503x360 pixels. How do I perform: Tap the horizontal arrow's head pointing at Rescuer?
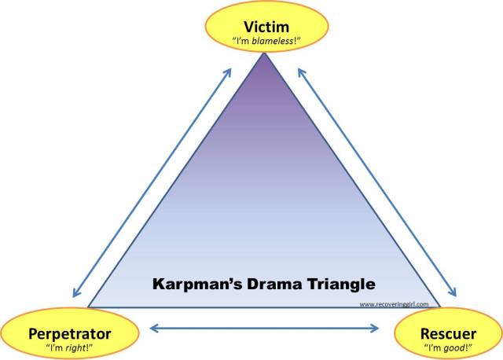[374, 328]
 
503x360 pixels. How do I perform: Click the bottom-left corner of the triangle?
[90, 307]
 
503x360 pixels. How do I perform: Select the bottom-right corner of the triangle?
[440, 307]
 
